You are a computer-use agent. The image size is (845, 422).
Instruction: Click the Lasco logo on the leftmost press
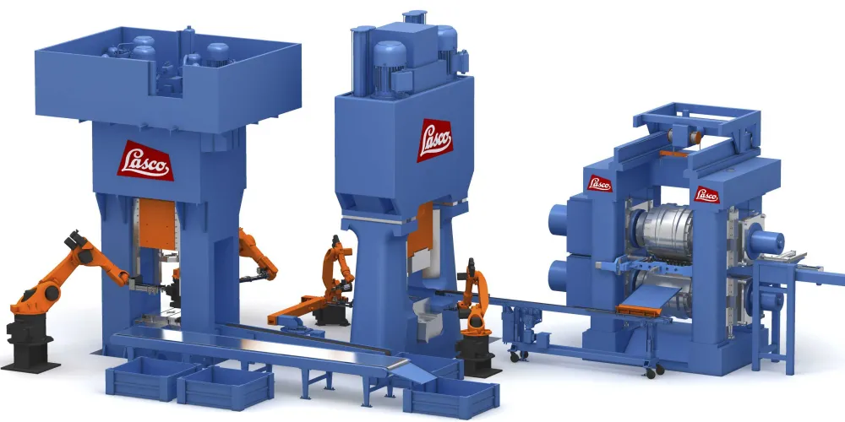144,160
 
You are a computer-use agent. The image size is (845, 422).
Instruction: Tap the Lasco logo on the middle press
434,138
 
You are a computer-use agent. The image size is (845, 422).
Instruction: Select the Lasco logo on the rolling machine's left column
600,182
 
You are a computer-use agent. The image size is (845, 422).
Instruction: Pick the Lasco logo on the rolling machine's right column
706,193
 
